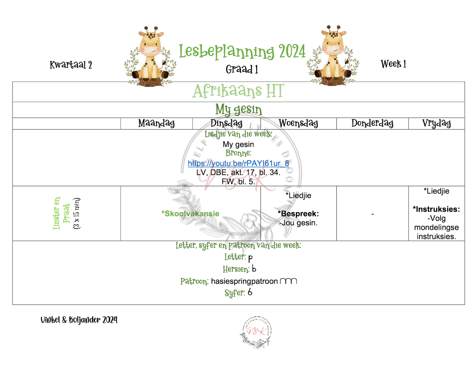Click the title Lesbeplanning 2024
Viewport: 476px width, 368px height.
pos(242,51)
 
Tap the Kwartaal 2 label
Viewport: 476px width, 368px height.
pos(71,65)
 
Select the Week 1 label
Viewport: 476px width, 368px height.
pos(393,64)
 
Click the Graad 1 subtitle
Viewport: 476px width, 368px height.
pos(242,69)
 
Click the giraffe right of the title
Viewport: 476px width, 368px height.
pos(333,56)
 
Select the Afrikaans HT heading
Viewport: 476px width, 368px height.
pos(238,91)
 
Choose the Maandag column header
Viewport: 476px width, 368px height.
pos(156,123)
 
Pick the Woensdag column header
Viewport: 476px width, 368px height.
pos(298,123)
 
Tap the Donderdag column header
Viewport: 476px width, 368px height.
pos(372,123)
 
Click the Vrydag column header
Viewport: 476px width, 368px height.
pos(436,123)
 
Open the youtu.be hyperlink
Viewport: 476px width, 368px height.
pos(238,163)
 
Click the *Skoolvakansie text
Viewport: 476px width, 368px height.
pos(190,213)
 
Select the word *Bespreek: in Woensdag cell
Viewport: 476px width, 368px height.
pos(298,213)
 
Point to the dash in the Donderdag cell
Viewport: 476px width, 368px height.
pos(372,214)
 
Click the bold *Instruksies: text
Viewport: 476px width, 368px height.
pos(436,209)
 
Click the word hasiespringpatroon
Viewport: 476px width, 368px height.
pos(244,281)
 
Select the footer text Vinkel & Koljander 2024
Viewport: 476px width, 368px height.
pos(79,320)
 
